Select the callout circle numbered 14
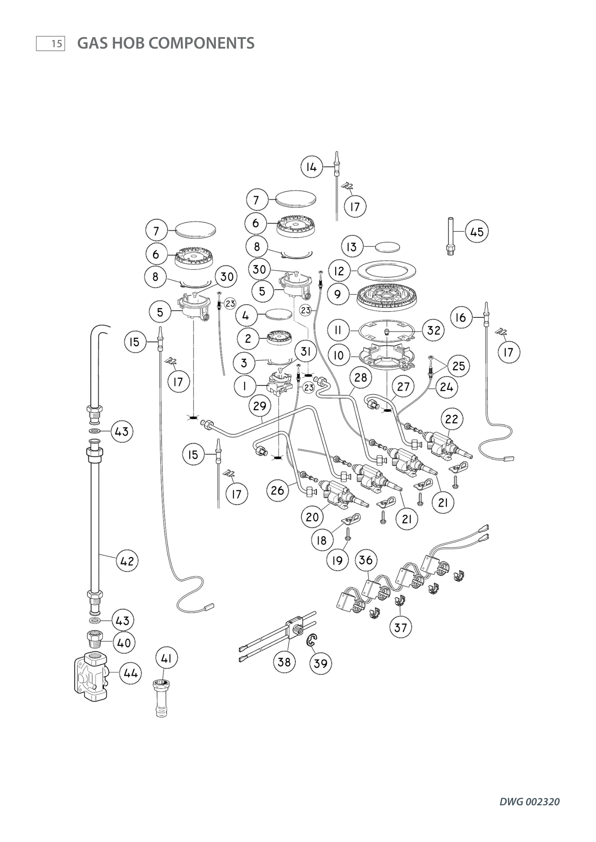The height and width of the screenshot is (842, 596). pyautogui.click(x=311, y=167)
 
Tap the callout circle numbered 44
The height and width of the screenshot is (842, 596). pyautogui.click(x=131, y=673)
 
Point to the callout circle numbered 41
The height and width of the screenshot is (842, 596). pyautogui.click(x=166, y=658)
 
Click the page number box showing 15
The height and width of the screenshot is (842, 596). pyautogui.click(x=51, y=44)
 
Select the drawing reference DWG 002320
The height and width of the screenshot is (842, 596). pyautogui.click(x=529, y=802)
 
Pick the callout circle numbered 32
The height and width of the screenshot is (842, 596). pyautogui.click(x=433, y=330)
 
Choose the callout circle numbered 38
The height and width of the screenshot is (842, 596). pyautogui.click(x=284, y=662)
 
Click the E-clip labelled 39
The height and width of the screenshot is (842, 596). pyautogui.click(x=312, y=640)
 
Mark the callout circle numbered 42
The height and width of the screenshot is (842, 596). pyautogui.click(x=127, y=561)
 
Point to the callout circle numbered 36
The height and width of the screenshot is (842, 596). pyautogui.click(x=366, y=560)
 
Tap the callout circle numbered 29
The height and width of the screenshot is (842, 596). pyautogui.click(x=260, y=406)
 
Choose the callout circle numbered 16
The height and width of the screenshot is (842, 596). pyautogui.click(x=461, y=317)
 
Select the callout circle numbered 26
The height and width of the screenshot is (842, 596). pyautogui.click(x=277, y=490)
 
